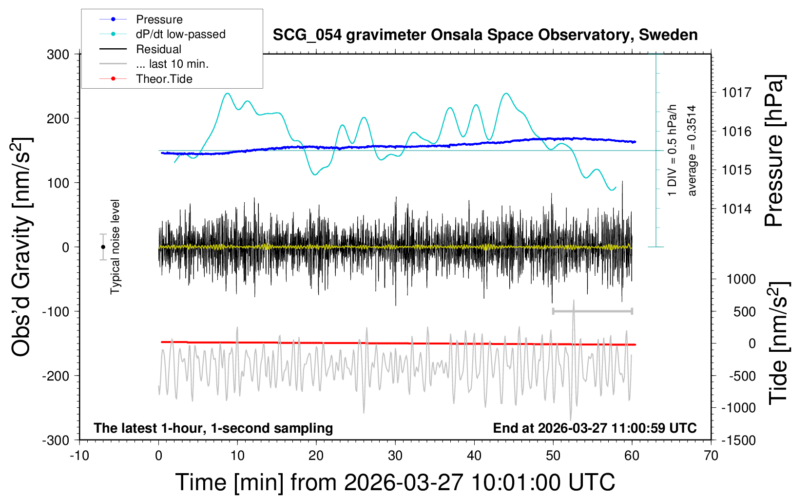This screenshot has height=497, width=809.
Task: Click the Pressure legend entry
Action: point(159,19)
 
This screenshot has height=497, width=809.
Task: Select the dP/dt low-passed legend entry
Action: point(180,34)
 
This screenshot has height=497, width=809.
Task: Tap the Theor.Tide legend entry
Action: point(164,79)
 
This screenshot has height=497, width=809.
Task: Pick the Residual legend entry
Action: point(158,49)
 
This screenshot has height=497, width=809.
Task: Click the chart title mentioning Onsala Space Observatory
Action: point(485,35)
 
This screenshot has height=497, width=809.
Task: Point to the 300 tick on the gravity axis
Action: point(58,55)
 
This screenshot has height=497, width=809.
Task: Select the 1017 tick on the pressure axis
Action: point(736,93)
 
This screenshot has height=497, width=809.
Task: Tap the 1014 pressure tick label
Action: point(736,209)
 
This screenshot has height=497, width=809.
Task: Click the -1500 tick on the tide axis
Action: point(738,440)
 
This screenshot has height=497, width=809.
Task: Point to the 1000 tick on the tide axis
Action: point(741,279)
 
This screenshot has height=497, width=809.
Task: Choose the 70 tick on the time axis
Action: point(711,456)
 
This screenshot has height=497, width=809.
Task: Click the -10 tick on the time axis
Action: point(79,456)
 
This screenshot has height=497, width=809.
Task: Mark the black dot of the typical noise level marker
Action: point(103,247)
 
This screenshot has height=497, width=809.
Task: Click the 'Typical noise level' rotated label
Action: point(115,247)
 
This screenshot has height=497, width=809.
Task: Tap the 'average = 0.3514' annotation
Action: point(692,151)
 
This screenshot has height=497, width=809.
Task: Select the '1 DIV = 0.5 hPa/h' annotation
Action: point(673,150)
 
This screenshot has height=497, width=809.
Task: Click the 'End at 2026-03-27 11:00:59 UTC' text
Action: point(595,428)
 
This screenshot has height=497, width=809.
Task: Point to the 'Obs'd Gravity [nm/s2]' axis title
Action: point(22,247)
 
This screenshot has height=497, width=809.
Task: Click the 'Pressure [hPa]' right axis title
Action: point(774,151)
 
